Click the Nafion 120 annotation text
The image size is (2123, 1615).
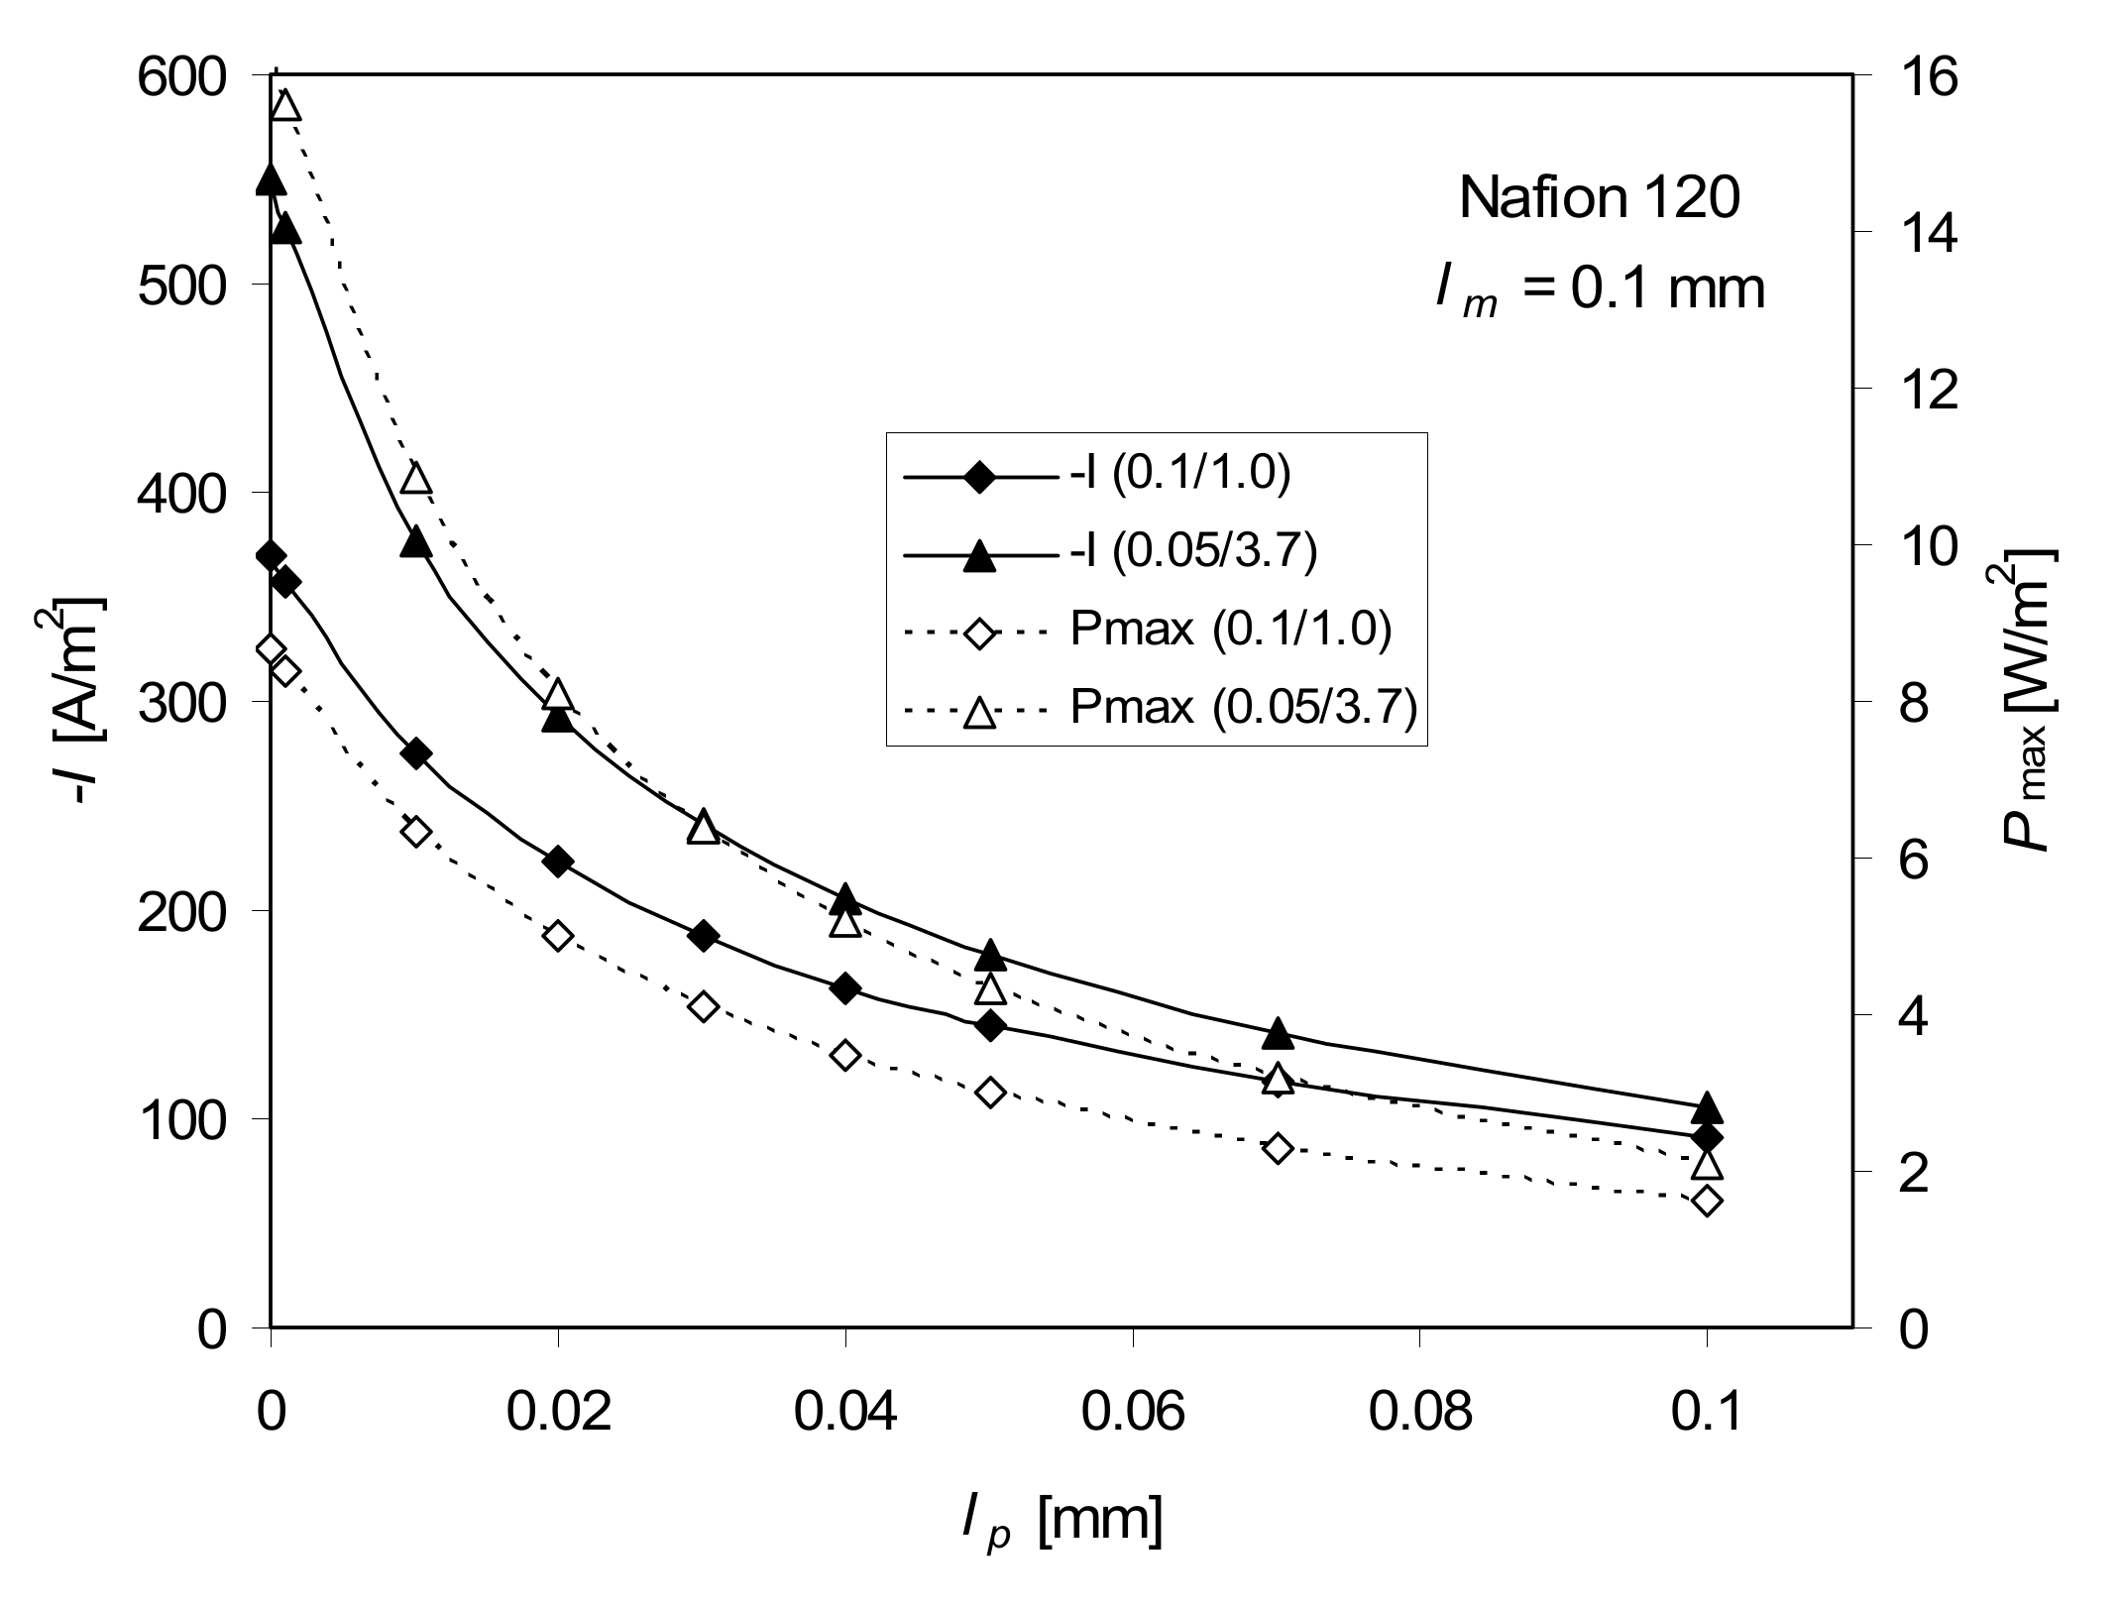pos(1599,198)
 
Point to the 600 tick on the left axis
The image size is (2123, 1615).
pos(196,77)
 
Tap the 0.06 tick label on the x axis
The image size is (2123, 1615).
pos(1133,1413)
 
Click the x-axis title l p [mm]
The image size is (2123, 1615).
pos(1061,1520)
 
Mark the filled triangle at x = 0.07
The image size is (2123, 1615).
pos(1278,1033)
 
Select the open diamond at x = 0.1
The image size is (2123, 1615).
pos(1708,1202)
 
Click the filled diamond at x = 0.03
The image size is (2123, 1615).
pos(703,936)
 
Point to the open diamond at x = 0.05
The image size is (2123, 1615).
pos(990,1093)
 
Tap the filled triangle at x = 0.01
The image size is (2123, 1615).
pos(415,542)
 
